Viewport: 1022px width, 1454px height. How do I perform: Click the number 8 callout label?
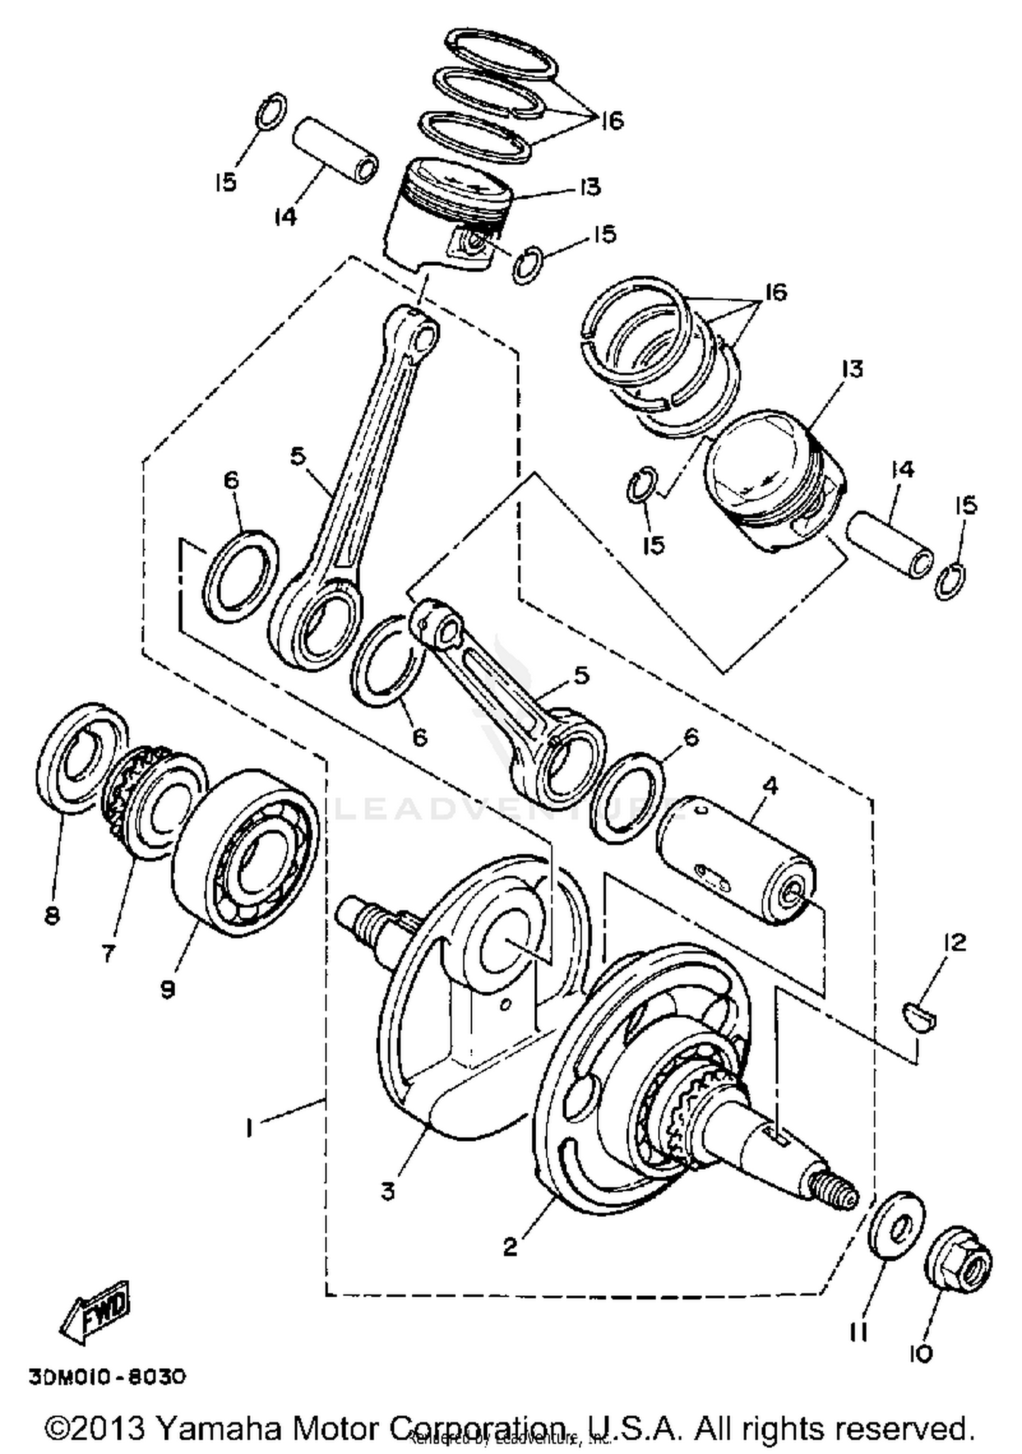[52, 915]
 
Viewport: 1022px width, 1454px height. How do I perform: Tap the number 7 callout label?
[109, 952]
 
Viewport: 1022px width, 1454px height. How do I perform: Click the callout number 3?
[388, 1192]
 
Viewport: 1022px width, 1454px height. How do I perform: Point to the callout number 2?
[510, 1247]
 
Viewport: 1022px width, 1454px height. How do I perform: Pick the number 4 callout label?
[769, 785]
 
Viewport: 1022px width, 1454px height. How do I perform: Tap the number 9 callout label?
[168, 988]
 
